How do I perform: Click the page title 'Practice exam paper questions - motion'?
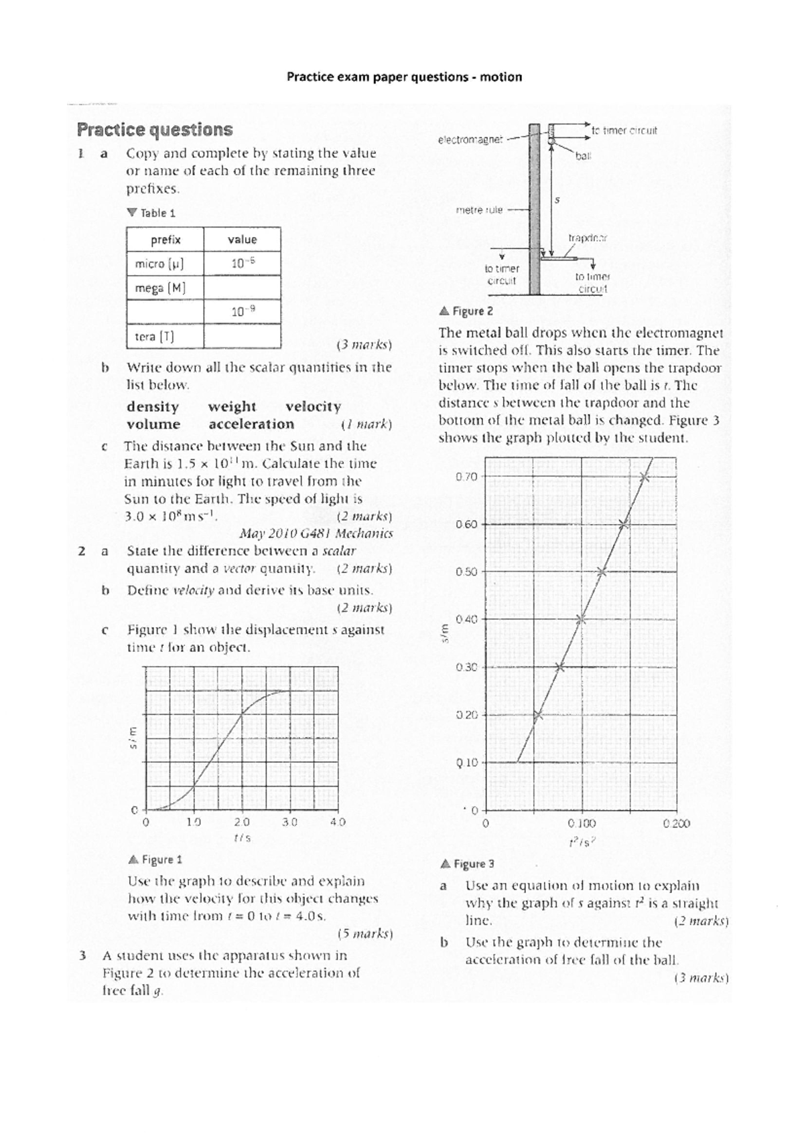(x=404, y=77)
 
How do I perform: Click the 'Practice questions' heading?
(x=155, y=129)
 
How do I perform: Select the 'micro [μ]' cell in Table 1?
(x=159, y=264)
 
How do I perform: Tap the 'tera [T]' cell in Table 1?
(x=155, y=337)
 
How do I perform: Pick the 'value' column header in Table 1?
(x=242, y=240)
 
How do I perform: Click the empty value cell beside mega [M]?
(x=242, y=288)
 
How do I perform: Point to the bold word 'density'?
(x=153, y=407)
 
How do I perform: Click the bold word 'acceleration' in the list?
(x=251, y=424)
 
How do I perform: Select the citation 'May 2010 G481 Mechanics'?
(x=316, y=534)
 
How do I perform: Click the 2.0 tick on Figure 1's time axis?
(x=242, y=822)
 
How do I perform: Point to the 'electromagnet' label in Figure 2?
(x=470, y=140)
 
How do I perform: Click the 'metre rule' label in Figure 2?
(x=479, y=210)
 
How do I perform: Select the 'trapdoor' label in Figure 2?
(x=588, y=238)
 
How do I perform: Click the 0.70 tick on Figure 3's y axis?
(x=466, y=477)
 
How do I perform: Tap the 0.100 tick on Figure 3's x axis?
(x=581, y=823)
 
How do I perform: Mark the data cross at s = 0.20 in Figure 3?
(x=537, y=715)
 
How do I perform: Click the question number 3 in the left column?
(x=82, y=955)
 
